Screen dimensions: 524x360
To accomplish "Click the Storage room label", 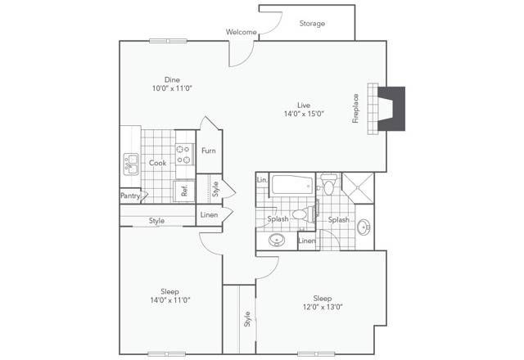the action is [x=312, y=24].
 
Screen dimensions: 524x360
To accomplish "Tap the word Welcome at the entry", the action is [x=242, y=32].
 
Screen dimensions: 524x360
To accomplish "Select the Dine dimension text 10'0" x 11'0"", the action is [x=172, y=88].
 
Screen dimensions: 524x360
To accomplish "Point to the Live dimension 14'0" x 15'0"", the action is [x=304, y=114].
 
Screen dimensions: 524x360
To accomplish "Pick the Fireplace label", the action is [x=355, y=109].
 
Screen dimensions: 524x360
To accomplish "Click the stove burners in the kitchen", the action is [x=185, y=155].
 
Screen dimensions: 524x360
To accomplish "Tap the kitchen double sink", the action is [x=131, y=164].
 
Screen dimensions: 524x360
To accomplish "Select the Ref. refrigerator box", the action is [x=184, y=191].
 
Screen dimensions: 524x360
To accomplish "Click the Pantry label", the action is [x=130, y=196].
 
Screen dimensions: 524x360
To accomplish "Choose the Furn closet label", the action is [x=209, y=151].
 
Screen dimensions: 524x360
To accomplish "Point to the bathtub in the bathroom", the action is [x=292, y=185].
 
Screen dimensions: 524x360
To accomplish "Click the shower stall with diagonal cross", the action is [x=358, y=188].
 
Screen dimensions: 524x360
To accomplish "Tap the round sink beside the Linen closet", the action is [x=277, y=240].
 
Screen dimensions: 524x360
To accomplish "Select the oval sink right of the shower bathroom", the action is [x=363, y=227].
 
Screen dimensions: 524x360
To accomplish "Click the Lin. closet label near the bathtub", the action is [x=262, y=180].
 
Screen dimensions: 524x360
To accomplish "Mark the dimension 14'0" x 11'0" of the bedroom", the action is [x=170, y=300].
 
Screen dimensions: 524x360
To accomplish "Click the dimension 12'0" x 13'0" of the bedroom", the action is [x=323, y=307].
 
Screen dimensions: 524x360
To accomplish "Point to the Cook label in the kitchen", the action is [x=157, y=163].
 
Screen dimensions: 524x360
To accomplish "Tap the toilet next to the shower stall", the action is [x=329, y=185].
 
